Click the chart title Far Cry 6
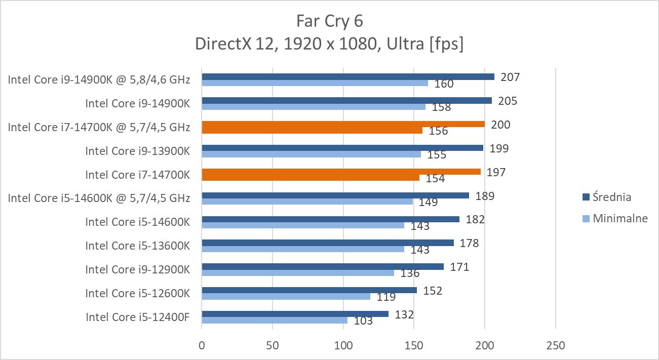point(329,21)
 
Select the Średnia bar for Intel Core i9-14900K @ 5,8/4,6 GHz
point(347,77)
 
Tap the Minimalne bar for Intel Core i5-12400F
point(274,320)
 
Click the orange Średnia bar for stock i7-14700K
point(341,172)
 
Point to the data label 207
point(510,77)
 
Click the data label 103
point(363,321)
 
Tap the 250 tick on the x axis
point(555,346)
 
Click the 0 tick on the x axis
point(202,346)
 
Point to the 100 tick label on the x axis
point(343,346)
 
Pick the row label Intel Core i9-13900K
point(137,151)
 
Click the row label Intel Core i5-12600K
point(137,293)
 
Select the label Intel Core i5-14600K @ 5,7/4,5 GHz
point(99,198)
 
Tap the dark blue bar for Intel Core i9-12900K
point(322,266)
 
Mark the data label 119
point(386,297)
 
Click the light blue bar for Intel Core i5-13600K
point(302,249)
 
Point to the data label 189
point(485,196)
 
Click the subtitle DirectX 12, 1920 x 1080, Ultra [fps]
point(329,44)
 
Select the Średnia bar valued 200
point(343,124)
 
